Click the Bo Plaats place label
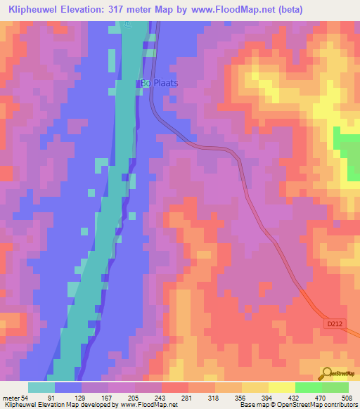(158, 82)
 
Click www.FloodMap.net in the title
(249, 9)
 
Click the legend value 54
(23, 398)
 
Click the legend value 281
(186, 398)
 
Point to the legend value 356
(239, 398)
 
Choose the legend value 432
(292, 398)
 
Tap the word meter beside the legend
(10, 398)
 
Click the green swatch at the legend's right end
(335, 387)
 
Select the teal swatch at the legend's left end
(41, 387)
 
